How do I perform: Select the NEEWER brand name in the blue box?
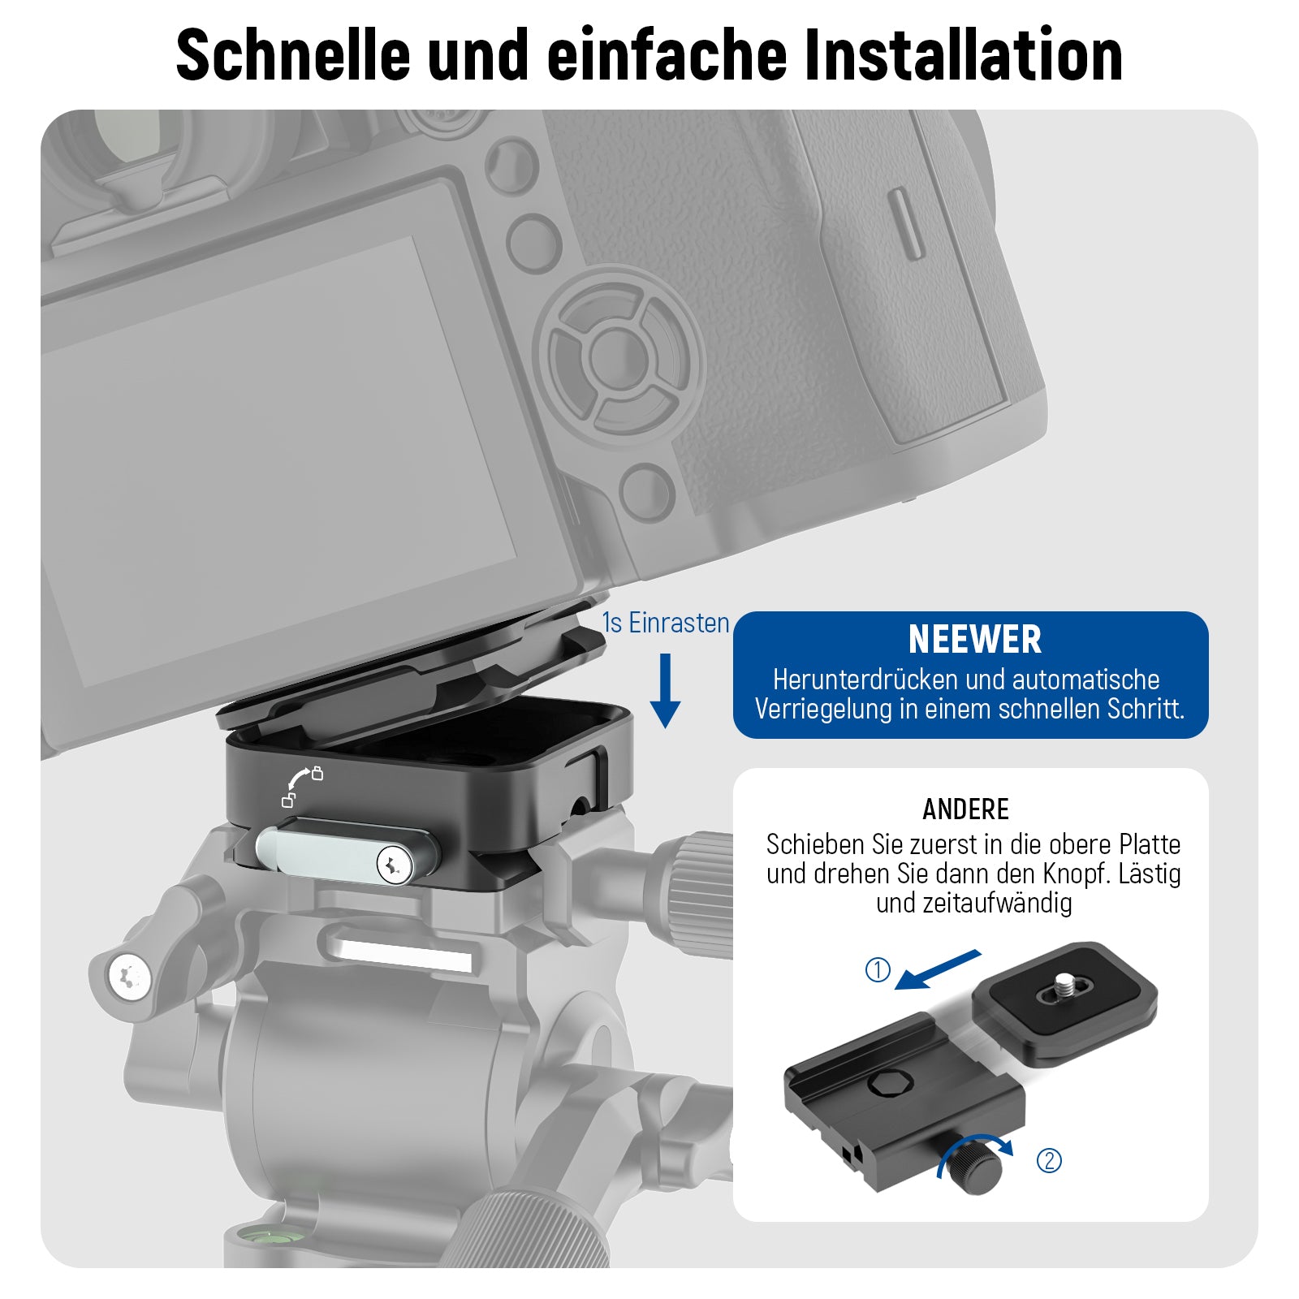click(x=974, y=639)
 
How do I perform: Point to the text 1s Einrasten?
click(x=666, y=623)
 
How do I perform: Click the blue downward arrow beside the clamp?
click(x=665, y=691)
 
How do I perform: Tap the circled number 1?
click(x=878, y=969)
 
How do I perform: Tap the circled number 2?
click(x=1049, y=1160)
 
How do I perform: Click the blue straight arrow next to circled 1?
click(x=938, y=970)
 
